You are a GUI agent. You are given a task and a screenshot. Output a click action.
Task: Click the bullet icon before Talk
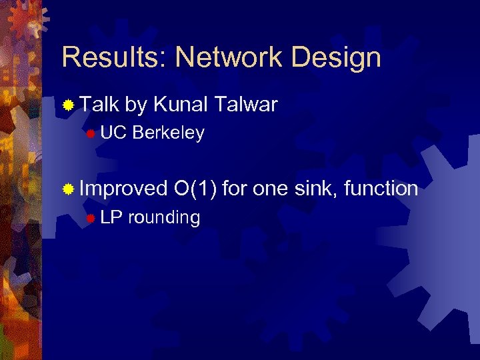click(68, 105)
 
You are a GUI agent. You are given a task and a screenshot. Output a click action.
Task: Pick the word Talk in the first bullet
click(99, 104)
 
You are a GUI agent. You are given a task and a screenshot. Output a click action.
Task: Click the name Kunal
click(182, 104)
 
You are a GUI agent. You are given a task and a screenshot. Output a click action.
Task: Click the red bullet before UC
click(91, 133)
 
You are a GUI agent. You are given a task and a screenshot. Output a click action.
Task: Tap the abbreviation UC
click(114, 133)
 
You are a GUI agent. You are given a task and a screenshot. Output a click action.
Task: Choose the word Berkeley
click(168, 133)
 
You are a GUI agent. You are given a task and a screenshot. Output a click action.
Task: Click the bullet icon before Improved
click(68, 189)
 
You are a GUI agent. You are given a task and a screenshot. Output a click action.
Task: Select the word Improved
click(123, 189)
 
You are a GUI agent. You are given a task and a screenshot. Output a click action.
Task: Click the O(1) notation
click(194, 189)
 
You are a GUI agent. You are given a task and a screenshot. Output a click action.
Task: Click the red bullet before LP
click(91, 218)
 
